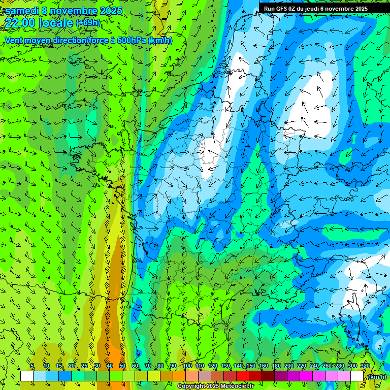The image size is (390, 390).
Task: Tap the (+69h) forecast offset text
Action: [87, 23]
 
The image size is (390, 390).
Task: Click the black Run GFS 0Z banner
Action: [324, 8]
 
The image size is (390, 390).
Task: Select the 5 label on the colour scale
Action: [32, 366]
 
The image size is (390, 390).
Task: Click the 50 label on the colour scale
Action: [122, 366]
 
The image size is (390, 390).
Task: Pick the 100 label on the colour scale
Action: [187, 366]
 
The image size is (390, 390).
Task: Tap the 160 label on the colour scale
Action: [264, 366]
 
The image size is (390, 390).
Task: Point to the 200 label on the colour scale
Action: [289, 366]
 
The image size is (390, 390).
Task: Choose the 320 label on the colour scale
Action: [365, 366]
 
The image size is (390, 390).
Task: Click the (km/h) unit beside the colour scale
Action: [377, 377]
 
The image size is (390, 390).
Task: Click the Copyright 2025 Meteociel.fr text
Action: [215, 386]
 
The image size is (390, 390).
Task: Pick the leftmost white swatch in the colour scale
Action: [27, 376]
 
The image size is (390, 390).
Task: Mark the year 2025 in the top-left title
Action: [111, 11]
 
